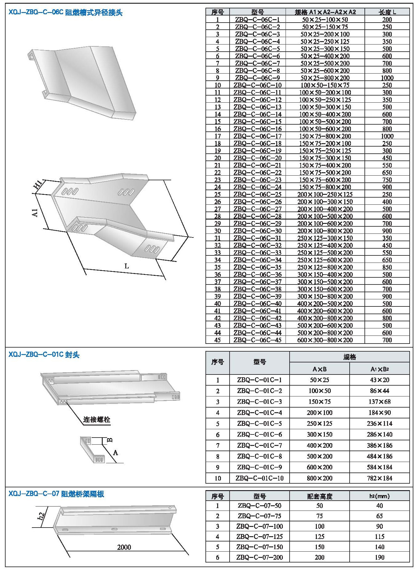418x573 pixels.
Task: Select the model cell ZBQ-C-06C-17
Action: pyautogui.click(x=257, y=136)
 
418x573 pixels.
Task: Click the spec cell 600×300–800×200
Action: pyautogui.click(x=325, y=340)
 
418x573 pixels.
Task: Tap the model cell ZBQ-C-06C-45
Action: pyautogui.click(x=257, y=340)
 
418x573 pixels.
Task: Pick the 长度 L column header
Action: pyautogui.click(x=387, y=12)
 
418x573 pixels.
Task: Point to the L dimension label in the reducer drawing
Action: pyautogui.click(x=127, y=266)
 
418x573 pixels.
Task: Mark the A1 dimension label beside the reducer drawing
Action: pyautogui.click(x=35, y=213)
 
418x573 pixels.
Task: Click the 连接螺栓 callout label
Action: pyautogui.click(x=97, y=420)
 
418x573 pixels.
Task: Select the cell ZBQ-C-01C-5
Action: pyautogui.click(x=260, y=424)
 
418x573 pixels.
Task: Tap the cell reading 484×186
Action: pyautogui.click(x=380, y=456)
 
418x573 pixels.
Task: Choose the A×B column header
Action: pyautogui.click(x=320, y=369)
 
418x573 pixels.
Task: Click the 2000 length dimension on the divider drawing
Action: pyautogui.click(x=124, y=547)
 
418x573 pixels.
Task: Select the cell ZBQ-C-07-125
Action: pyautogui.click(x=260, y=537)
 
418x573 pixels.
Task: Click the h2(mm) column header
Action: pyautogui.click(x=380, y=496)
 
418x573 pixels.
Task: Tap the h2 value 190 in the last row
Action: pyautogui.click(x=380, y=557)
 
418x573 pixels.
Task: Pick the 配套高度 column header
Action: pyautogui.click(x=320, y=496)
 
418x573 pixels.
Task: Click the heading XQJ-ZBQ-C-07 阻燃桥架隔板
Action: pyautogui.click(x=56, y=494)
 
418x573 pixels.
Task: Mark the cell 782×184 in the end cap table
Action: pyautogui.click(x=380, y=478)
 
